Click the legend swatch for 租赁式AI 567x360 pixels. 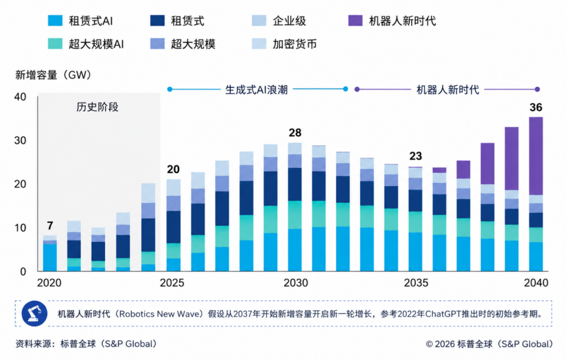click(55, 21)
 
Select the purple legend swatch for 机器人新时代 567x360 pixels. click(355, 21)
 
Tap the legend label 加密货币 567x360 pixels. click(295, 44)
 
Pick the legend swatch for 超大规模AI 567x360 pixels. click(55, 44)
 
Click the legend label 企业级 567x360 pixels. click(289, 21)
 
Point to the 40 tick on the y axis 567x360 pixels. click(20, 97)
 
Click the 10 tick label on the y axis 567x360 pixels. click(20, 228)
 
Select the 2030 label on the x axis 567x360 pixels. click(296, 283)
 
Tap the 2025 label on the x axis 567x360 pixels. click(172, 283)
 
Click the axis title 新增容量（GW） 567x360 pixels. click(53, 75)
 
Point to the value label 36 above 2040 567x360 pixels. click(536, 108)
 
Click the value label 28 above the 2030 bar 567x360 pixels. click(295, 133)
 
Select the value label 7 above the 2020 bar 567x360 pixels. click(50, 226)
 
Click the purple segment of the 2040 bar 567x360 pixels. click(536, 156)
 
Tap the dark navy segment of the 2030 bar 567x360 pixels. click(295, 184)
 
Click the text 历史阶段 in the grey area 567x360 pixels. click(97, 107)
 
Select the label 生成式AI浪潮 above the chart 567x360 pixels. click(256, 90)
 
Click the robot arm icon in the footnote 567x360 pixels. click(34, 313)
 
